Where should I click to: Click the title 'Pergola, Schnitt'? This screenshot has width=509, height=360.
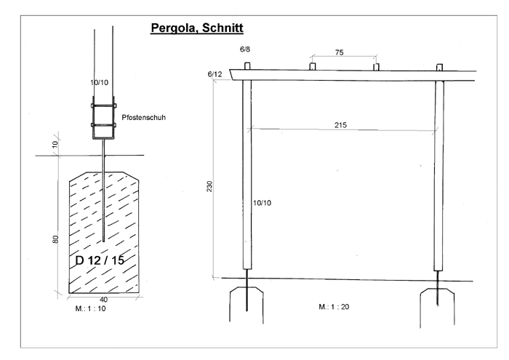[x=197, y=28]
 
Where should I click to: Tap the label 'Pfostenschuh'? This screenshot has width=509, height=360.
[x=143, y=118]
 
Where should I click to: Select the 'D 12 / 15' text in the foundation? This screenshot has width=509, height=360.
[x=100, y=260]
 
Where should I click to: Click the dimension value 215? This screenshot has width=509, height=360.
[x=340, y=125]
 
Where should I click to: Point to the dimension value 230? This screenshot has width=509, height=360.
[x=209, y=186]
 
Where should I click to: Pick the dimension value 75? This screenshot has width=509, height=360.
[x=340, y=52]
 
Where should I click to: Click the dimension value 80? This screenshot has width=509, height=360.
[x=56, y=239]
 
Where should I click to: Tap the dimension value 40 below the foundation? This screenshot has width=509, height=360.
[x=103, y=300]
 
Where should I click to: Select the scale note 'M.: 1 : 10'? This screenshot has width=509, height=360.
[x=91, y=308]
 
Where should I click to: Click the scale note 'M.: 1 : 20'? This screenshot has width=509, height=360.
[x=334, y=307]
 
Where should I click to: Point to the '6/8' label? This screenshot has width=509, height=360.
[x=245, y=49]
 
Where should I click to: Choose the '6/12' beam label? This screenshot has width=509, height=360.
[x=215, y=74]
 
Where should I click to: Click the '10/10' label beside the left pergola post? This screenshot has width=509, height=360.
[x=262, y=203]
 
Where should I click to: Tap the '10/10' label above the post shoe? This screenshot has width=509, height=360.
[x=100, y=82]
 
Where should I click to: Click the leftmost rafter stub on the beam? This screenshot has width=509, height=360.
[x=247, y=66]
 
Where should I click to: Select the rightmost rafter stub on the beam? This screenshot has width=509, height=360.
[x=439, y=67]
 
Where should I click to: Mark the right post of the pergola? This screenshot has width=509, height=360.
[x=439, y=175]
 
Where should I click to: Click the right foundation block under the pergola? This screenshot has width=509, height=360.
[x=437, y=307]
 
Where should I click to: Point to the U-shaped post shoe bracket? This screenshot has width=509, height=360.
[x=103, y=118]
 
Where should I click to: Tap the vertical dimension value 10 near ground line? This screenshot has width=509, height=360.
[x=55, y=144]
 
